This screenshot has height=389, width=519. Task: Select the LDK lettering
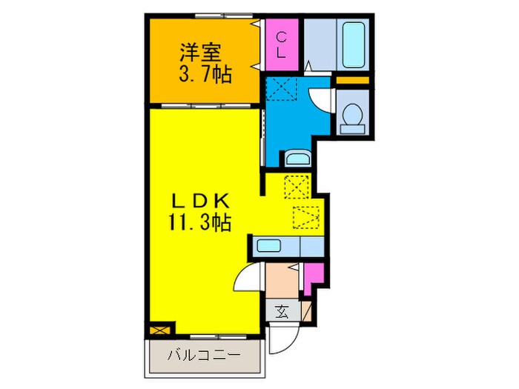[x=205, y=200]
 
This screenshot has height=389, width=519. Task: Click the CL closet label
[x=282, y=44]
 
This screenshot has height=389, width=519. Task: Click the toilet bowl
[x=352, y=118]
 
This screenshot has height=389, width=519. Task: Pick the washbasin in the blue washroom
[x=297, y=158]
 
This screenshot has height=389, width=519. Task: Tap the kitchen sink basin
[x=268, y=245]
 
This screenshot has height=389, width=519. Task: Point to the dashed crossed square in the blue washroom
[x=285, y=87]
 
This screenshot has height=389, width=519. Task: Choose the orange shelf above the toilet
[x=351, y=80]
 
